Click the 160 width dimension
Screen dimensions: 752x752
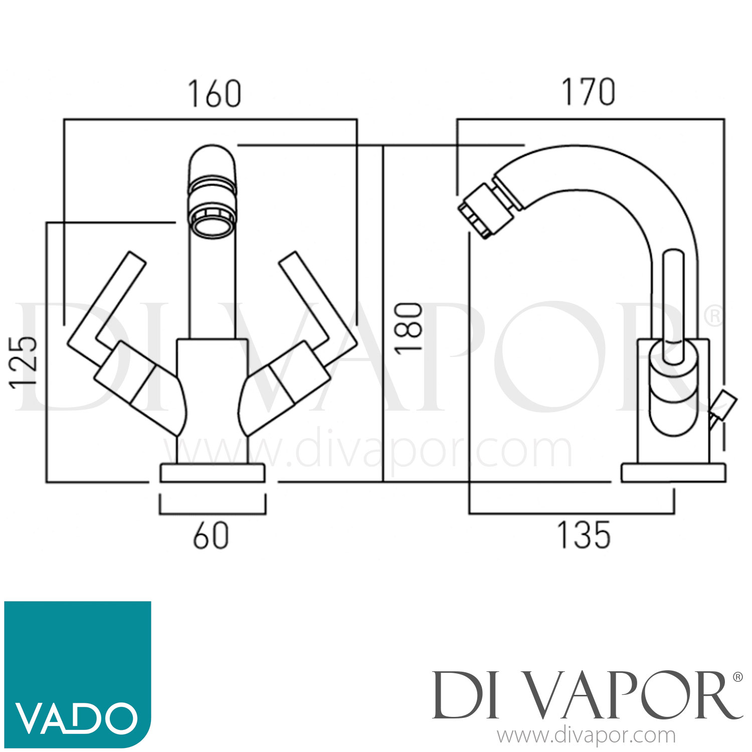tap(214, 94)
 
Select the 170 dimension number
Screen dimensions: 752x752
tap(588, 92)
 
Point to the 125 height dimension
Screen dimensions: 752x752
tap(24, 362)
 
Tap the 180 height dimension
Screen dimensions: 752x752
tap(409, 328)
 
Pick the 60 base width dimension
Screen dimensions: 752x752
tap(211, 535)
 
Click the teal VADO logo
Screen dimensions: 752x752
tap(78, 674)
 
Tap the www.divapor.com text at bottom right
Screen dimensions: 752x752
tap(586, 735)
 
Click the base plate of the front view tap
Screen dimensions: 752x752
tap(212, 474)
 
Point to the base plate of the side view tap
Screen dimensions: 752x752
tap(673, 474)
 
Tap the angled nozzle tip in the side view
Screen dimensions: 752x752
tap(483, 211)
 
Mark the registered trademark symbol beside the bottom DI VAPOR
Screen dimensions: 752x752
tap(737, 677)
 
